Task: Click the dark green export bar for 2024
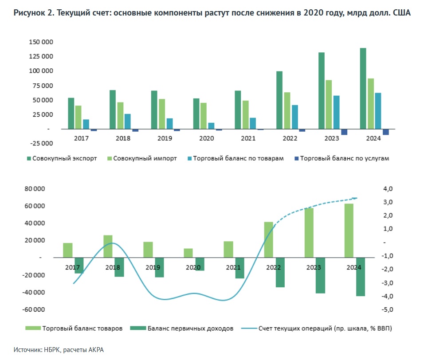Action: [363, 88]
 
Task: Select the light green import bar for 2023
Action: [329, 104]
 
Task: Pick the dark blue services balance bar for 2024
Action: [386, 132]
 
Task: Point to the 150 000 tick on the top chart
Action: [41, 42]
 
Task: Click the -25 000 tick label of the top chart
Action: [40, 143]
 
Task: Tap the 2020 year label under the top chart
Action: [207, 138]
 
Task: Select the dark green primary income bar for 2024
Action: [360, 276]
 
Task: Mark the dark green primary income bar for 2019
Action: [160, 267]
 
